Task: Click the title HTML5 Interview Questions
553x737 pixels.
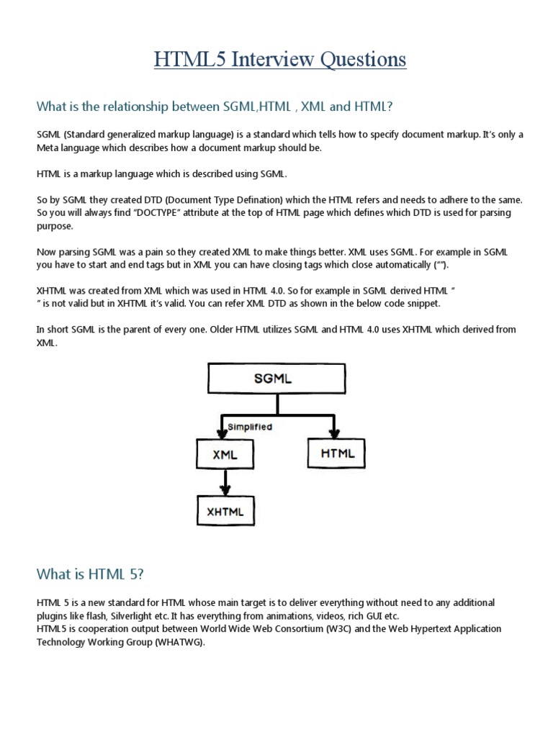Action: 279,59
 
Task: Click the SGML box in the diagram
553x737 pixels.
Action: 272,379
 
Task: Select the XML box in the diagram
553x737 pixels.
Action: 225,454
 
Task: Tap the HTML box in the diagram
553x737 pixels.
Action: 336,453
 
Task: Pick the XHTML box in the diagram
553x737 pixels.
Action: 225,512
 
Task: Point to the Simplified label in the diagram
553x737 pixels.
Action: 250,427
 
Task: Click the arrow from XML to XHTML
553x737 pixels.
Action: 225,482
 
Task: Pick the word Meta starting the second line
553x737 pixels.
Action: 48,148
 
